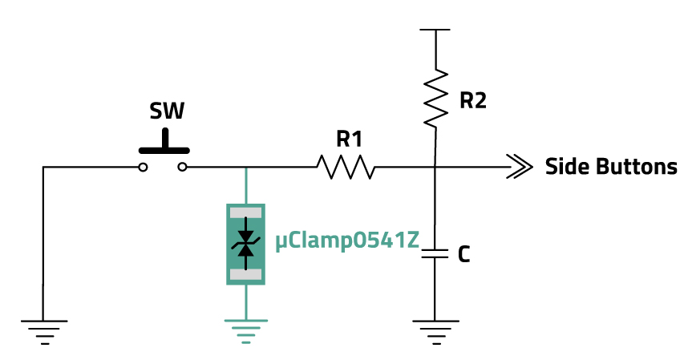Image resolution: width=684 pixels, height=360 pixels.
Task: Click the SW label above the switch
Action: [167, 111]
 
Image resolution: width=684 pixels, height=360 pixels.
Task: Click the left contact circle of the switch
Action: [143, 168]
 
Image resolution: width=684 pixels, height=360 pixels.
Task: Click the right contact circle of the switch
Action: [183, 168]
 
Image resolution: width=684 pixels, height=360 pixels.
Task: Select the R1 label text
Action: [349, 140]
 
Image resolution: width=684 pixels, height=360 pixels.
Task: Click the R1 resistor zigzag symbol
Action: [346, 168]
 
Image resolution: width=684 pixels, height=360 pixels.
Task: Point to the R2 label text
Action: [472, 101]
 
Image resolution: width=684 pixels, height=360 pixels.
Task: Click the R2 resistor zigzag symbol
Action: [435, 98]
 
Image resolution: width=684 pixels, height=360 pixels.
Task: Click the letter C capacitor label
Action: [463, 255]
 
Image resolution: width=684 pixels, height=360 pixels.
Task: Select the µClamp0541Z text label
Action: [347, 241]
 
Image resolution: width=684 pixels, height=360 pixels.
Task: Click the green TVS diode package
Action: [245, 244]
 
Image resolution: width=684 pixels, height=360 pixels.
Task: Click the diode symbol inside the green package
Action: [245, 244]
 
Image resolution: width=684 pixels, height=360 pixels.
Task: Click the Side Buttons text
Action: [611, 168]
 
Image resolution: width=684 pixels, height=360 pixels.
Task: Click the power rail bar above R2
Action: [435, 30]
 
